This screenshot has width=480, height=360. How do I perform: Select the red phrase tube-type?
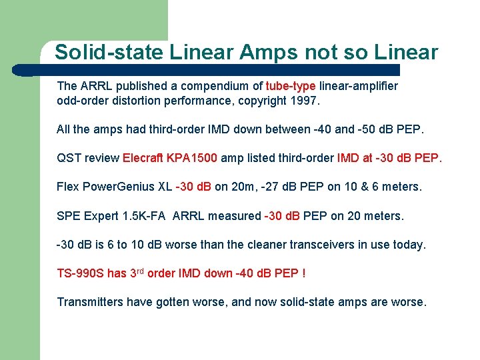coord(291,86)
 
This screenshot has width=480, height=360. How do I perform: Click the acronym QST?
coord(69,159)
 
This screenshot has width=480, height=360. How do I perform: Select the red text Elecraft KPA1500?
coord(170,159)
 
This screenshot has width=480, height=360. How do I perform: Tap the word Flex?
coord(68,187)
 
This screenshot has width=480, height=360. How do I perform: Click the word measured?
coord(237,216)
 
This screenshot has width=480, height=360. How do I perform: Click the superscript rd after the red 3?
coord(139,271)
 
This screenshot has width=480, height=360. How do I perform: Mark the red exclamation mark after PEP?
coord(303,273)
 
